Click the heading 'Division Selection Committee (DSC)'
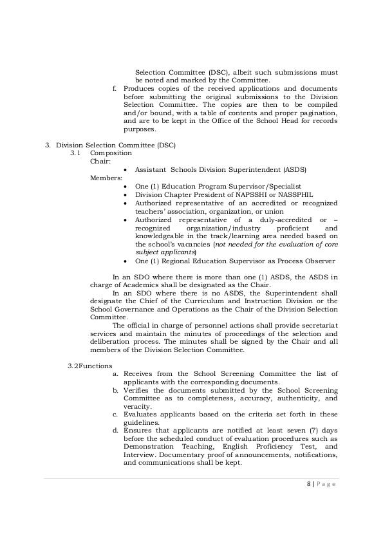point(115,145)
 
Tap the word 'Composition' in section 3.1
point(111,153)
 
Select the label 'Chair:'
point(100,161)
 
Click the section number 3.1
point(76,153)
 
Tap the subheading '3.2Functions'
point(89,366)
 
